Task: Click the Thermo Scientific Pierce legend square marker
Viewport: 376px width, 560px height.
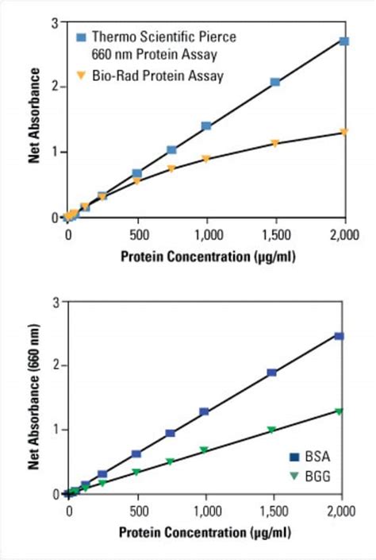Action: (x=81, y=37)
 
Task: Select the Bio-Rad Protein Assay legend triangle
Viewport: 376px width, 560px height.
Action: (x=81, y=75)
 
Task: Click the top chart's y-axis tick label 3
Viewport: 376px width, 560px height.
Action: (x=54, y=22)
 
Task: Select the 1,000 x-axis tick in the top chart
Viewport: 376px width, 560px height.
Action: (x=206, y=235)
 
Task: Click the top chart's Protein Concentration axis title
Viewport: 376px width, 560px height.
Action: (x=205, y=256)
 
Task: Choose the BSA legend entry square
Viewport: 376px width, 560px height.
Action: (x=294, y=457)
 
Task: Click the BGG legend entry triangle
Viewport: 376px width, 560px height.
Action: (x=294, y=476)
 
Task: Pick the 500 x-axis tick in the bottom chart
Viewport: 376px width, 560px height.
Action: (x=136, y=511)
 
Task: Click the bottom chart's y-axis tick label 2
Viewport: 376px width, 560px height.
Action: (x=54, y=365)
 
